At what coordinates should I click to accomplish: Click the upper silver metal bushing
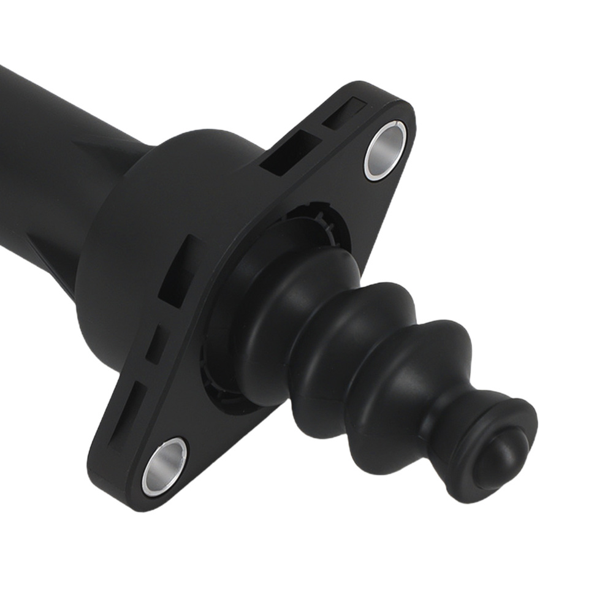tap(385, 150)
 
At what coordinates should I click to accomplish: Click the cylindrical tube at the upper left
tap(37, 141)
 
